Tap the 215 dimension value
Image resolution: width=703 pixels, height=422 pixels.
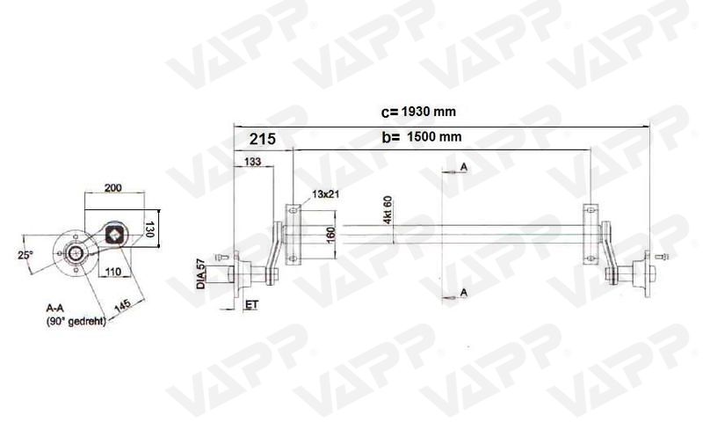(x=262, y=139)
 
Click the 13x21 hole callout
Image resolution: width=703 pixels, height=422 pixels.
(x=325, y=193)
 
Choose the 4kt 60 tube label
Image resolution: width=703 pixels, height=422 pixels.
(x=388, y=210)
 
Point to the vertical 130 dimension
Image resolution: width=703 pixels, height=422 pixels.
(x=149, y=230)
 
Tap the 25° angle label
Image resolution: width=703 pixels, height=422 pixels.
(x=25, y=255)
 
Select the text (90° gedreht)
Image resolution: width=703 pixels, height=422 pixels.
(x=76, y=322)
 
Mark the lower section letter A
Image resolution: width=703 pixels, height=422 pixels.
(x=463, y=291)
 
